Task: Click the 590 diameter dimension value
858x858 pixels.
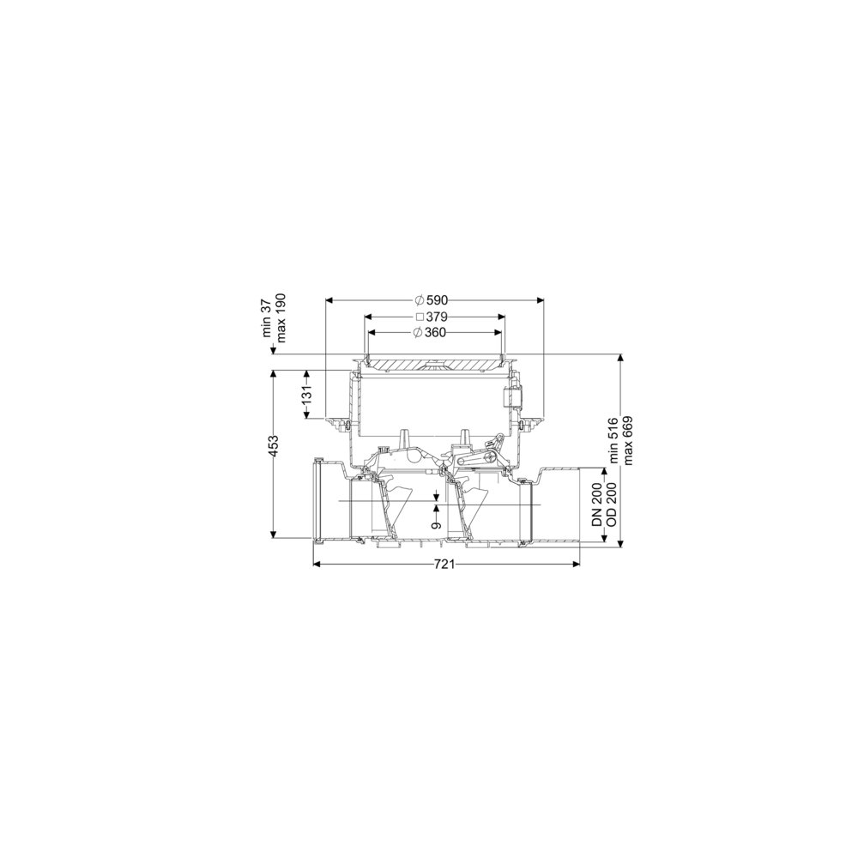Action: point(438,299)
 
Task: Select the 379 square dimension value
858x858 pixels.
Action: point(438,317)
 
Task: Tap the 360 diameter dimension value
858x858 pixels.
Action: point(435,332)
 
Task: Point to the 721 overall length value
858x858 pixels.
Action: point(445,565)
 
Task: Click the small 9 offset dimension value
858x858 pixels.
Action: point(436,525)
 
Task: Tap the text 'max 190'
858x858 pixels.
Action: point(281,318)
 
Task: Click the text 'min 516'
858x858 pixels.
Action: point(613,440)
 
